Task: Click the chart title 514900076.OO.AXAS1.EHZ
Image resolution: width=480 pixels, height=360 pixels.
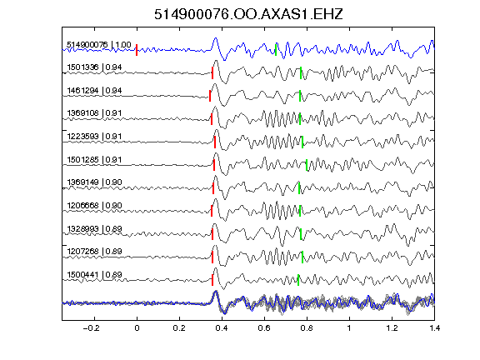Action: click(248, 14)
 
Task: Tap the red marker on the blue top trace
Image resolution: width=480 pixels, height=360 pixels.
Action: click(137, 50)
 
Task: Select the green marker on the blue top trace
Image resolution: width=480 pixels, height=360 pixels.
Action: click(276, 50)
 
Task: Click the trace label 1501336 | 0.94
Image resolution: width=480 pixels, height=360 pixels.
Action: click(94, 67)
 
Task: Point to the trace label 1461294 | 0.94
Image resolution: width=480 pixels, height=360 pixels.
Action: click(94, 91)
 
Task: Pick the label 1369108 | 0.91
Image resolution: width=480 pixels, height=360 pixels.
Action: click(94, 113)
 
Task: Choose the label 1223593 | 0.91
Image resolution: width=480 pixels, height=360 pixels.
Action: click(94, 137)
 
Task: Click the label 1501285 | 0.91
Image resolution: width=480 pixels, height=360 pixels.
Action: click(94, 160)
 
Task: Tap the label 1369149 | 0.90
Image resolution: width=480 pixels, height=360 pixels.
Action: click(94, 182)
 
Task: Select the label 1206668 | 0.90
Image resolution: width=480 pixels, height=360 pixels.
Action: click(94, 205)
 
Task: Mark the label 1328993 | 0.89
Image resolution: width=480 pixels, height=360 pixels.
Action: click(94, 229)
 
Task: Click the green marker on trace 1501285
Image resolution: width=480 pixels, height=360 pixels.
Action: click(307, 165)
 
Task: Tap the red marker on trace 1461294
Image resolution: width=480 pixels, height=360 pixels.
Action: click(210, 96)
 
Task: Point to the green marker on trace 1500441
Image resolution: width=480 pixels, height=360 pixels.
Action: click(298, 280)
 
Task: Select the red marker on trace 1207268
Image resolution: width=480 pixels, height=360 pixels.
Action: click(212, 257)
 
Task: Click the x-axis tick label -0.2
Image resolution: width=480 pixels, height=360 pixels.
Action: click(91, 328)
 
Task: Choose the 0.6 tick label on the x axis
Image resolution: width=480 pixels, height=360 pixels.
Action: click(264, 328)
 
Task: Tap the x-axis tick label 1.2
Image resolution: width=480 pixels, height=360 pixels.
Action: click(392, 328)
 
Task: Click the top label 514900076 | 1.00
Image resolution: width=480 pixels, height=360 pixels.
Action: click(99, 45)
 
